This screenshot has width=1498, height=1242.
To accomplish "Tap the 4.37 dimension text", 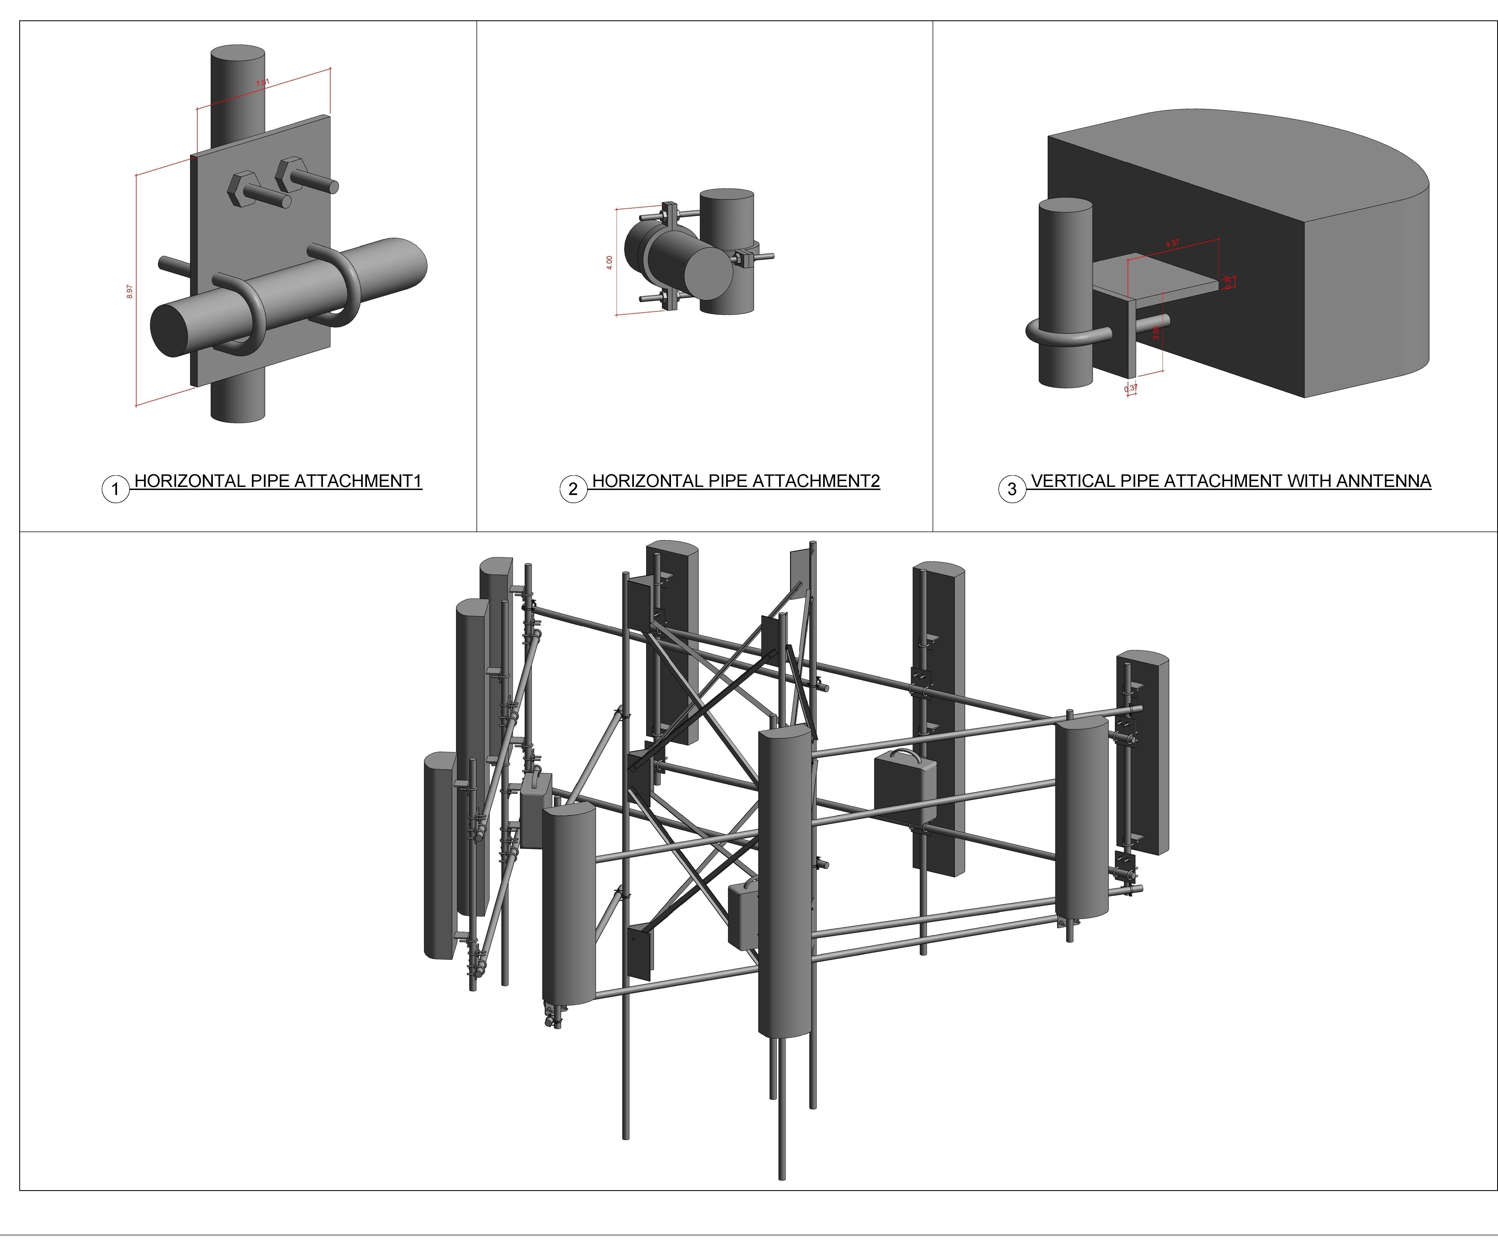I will pyautogui.click(x=1172, y=243).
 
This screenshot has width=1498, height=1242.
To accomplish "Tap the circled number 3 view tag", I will pyautogui.click(x=1011, y=489).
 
